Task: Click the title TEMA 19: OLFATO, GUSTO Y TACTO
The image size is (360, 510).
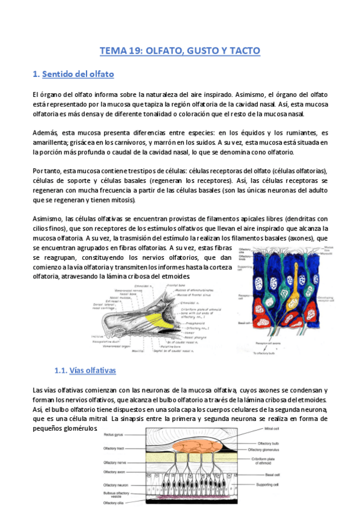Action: coord(180,51)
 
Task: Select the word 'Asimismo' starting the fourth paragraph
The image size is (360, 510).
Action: coord(47,219)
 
